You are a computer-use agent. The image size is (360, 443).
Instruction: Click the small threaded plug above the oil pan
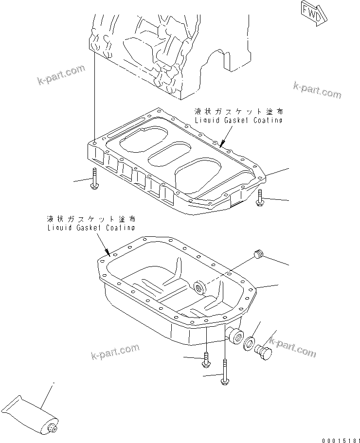(259, 254)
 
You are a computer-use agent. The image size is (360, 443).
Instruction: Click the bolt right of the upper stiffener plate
(261, 197)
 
